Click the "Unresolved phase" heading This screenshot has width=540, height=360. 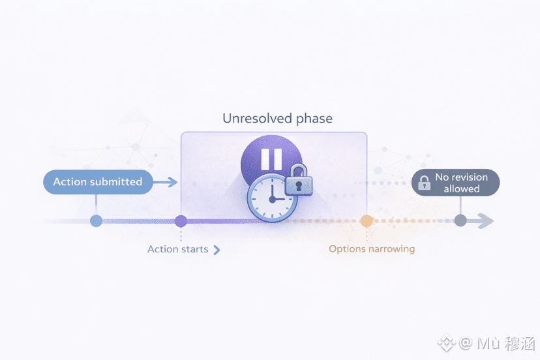point(277,119)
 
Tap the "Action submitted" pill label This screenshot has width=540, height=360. point(98,182)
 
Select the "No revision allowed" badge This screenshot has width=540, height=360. point(455,183)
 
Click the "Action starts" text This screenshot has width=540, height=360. point(177,249)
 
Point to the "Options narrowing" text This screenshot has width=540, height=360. point(371,249)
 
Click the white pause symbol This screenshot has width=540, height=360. point(271,159)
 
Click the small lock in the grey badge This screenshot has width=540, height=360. point(424,183)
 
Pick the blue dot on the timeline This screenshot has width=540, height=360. point(96,221)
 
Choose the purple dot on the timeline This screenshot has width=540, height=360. point(181,221)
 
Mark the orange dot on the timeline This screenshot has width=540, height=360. point(367,221)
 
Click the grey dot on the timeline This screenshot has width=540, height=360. point(460,221)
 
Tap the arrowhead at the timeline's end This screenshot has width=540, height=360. point(487,221)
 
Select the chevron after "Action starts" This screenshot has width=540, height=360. point(217,250)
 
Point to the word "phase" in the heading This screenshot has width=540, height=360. point(313,119)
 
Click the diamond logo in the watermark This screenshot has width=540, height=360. point(447,342)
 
